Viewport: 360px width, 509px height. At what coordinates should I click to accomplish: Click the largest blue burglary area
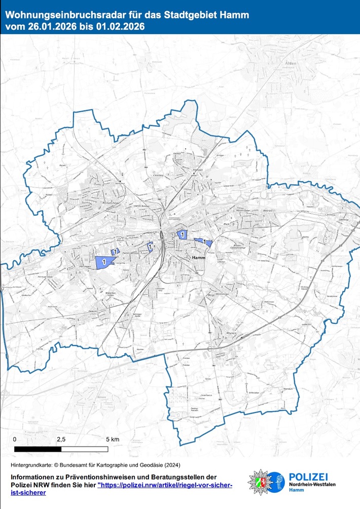[104, 262]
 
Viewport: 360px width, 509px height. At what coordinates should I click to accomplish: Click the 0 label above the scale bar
[15, 438]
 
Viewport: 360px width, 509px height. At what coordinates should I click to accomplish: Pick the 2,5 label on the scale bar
[61, 438]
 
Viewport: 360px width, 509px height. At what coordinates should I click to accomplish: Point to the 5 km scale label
[112, 438]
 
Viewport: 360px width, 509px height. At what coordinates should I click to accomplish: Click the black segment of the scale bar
[38, 449]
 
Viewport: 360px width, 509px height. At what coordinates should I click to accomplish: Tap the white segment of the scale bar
[84, 449]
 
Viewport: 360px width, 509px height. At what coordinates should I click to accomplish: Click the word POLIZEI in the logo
[308, 476]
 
